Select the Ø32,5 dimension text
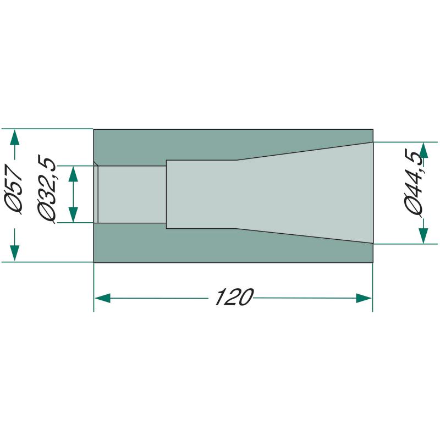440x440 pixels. point(47,189)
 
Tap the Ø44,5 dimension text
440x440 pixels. point(414,183)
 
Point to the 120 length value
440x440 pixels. point(234,297)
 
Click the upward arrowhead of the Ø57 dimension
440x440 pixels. point(15,137)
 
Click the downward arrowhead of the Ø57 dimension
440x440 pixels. point(15,253)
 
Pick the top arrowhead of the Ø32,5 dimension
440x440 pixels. point(73,174)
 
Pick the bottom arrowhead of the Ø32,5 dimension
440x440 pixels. point(73,215)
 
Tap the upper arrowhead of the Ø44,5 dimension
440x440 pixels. point(424,150)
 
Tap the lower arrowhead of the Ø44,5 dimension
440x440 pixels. point(424,236)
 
